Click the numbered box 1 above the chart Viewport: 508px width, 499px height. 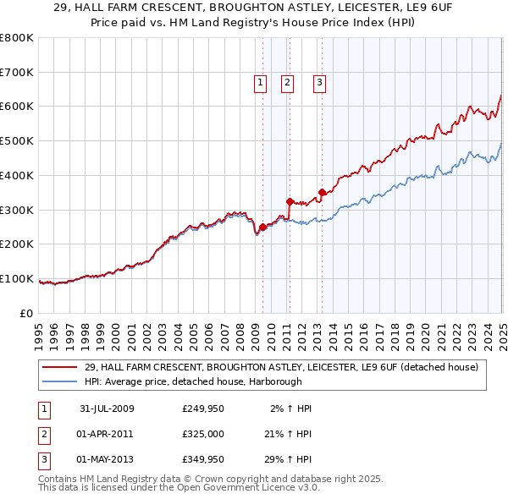click(x=259, y=83)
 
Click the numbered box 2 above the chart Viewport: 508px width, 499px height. click(x=288, y=83)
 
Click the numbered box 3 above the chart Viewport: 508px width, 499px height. click(x=320, y=83)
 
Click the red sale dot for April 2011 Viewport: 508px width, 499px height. click(x=290, y=201)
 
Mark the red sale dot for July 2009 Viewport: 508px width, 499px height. click(x=263, y=227)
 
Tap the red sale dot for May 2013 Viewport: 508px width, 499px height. click(x=322, y=193)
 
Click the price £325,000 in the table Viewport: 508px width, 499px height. click(x=203, y=434)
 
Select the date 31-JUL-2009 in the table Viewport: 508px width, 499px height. click(x=107, y=409)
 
